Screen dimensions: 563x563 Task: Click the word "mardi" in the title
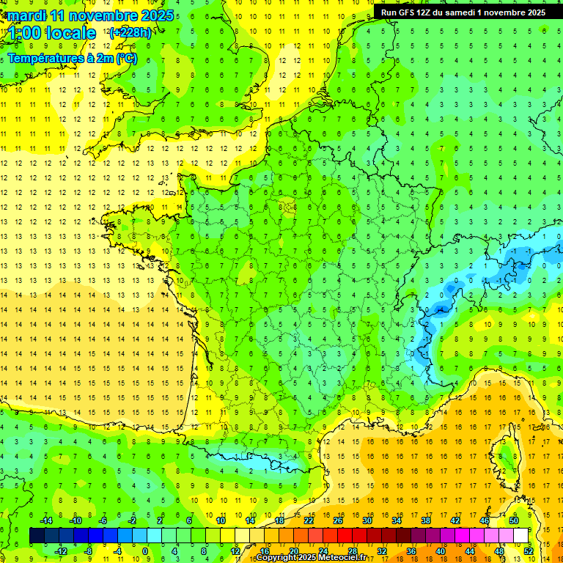tap(29, 15)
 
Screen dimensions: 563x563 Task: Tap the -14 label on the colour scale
tap(45, 520)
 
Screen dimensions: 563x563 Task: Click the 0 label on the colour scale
tap(144, 551)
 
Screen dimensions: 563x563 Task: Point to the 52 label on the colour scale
tap(528, 551)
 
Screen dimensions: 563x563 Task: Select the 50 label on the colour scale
tap(513, 520)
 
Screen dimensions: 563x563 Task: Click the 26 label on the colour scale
tap(338, 520)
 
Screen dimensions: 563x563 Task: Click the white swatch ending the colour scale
tap(520, 536)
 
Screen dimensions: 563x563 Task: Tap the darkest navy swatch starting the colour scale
tap(37, 536)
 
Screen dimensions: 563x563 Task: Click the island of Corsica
tap(502, 451)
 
